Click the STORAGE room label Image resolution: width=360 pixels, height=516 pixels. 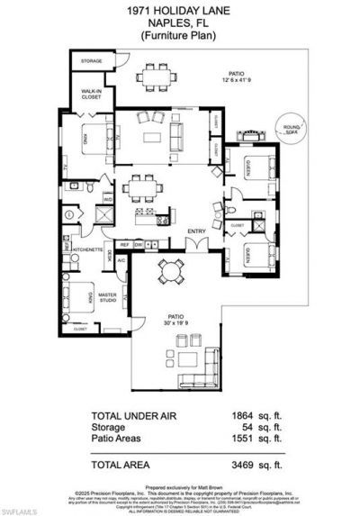click(91, 61)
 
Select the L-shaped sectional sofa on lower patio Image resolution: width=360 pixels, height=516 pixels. click(197, 376)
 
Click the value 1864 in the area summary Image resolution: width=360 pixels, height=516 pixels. click(242, 416)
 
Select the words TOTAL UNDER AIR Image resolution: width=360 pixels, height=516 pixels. click(136, 416)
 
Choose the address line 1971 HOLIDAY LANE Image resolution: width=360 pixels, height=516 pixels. click(181, 8)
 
